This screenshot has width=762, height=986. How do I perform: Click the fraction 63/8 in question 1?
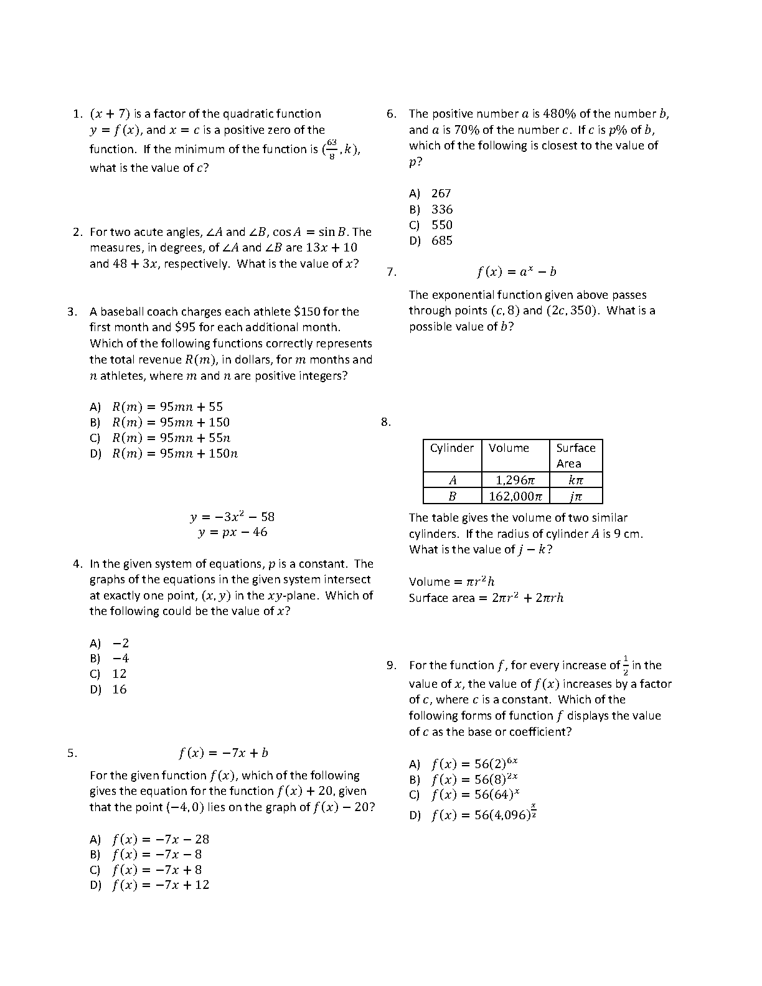coord(331,149)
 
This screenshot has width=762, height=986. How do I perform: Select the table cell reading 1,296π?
coord(515,480)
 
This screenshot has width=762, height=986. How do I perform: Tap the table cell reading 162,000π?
coord(515,496)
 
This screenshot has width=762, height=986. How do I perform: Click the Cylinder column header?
coord(452,448)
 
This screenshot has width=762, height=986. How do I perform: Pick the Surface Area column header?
coord(575,456)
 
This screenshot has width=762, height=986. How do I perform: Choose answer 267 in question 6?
coord(441,194)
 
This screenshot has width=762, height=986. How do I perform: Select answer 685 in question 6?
coord(441,241)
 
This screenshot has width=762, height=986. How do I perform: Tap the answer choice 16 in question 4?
coord(119,690)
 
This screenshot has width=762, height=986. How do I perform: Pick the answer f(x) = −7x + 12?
coord(161,885)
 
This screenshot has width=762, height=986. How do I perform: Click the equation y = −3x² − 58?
coord(232,517)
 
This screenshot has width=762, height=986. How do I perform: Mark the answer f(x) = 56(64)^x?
coord(475,795)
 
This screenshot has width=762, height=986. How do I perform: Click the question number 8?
coord(386,422)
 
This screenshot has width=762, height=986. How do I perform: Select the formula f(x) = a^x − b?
coord(516,272)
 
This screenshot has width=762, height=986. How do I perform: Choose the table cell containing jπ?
coord(575,496)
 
